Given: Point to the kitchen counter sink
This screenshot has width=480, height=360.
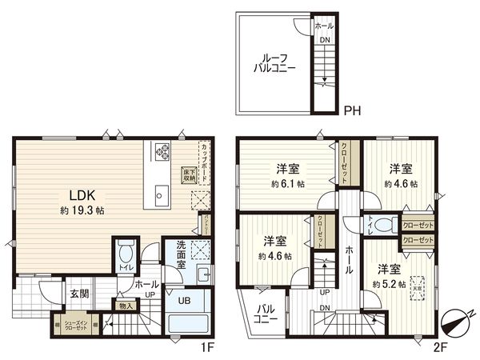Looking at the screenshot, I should coord(160,194).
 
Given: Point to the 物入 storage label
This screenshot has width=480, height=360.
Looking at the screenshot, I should coord(126,305).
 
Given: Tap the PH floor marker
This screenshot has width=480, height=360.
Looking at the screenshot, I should coord(350,112).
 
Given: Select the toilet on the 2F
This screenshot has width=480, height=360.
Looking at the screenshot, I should coord(382,223).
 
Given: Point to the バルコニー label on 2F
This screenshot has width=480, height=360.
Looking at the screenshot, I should coord(266,314).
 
